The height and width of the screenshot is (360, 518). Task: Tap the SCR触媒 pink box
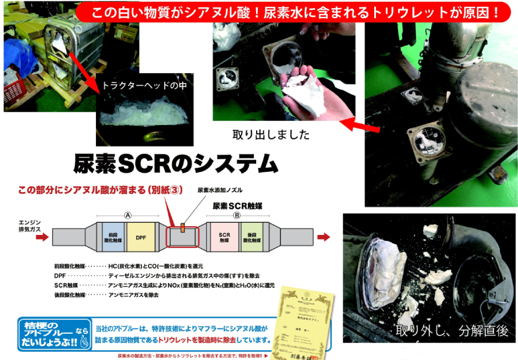225,236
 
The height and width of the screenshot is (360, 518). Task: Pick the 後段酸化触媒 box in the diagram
248,236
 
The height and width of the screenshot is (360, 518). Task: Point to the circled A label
127,214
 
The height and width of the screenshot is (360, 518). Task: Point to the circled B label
237,214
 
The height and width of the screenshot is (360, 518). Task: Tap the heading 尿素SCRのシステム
175,164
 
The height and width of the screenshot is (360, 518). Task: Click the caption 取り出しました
271,134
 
